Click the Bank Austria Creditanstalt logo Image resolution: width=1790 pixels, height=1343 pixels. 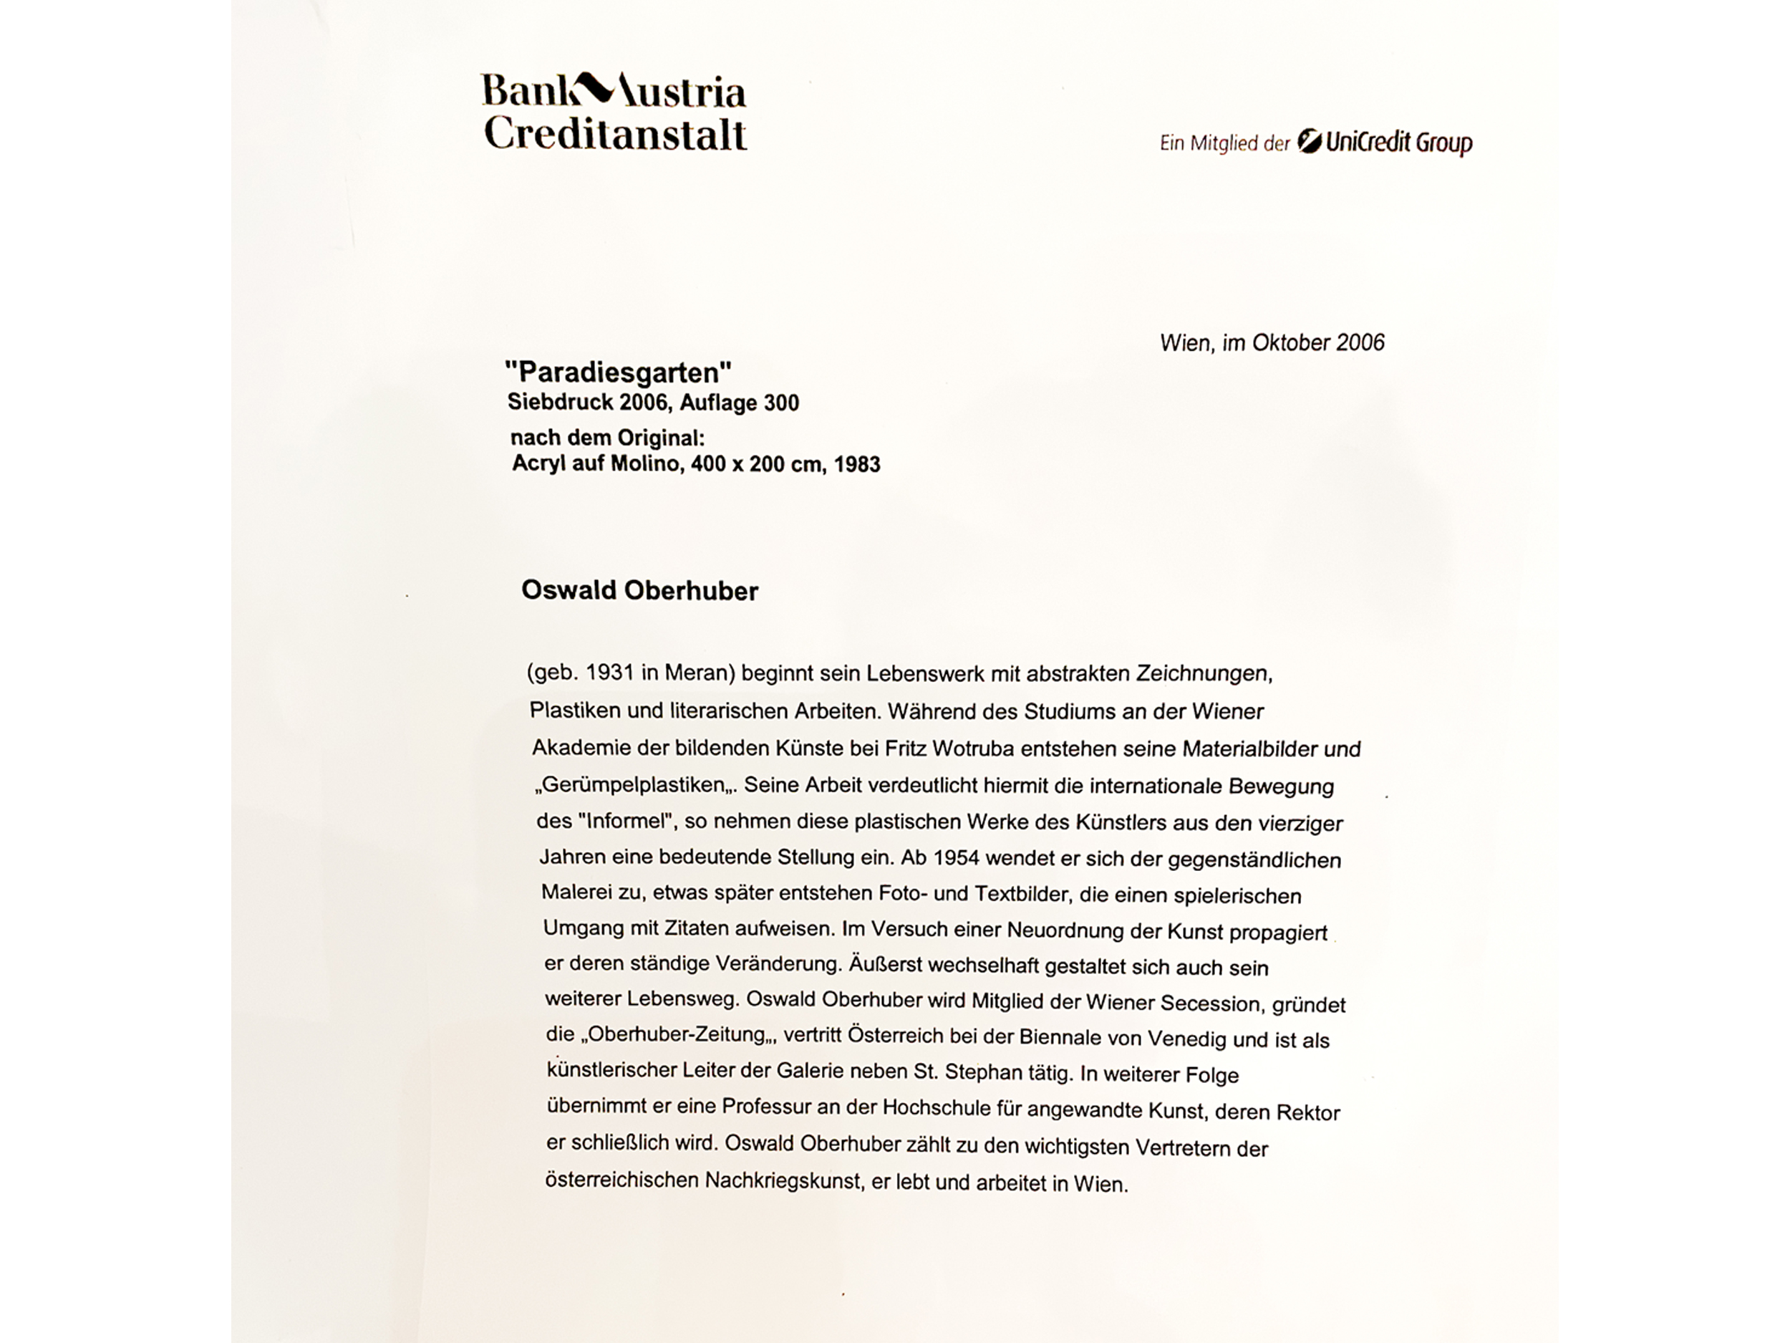614,112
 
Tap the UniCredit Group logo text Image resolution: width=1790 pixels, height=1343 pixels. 1398,143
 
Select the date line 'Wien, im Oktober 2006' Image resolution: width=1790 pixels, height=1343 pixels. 1272,342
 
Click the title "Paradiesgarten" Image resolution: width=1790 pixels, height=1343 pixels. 618,372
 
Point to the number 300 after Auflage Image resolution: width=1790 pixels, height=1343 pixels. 781,403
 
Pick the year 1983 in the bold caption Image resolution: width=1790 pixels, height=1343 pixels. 857,465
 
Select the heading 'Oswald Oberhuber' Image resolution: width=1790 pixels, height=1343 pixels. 639,591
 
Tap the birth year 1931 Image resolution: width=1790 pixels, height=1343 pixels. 610,673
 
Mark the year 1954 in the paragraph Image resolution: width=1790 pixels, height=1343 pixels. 956,857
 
